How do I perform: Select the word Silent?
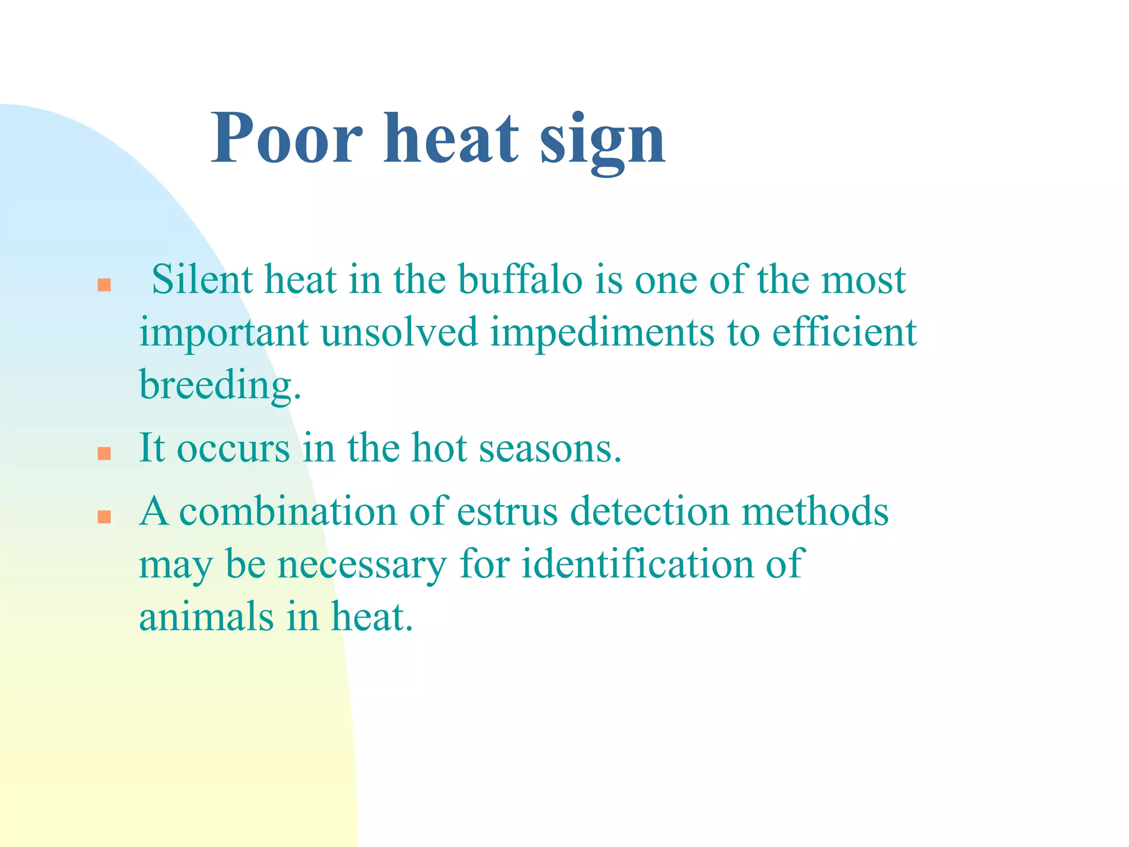click(202, 280)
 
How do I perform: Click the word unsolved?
click(399, 332)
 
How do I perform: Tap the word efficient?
click(844, 332)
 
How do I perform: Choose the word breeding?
click(219, 385)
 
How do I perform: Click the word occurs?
click(233, 448)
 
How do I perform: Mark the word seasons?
click(550, 448)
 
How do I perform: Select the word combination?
click(288, 511)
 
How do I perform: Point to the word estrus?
click(507, 511)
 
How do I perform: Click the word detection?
click(649, 511)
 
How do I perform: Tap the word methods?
click(815, 511)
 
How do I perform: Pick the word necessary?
click(361, 565)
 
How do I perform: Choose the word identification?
click(637, 564)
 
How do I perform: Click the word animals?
click(206, 616)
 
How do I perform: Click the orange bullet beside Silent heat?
click(104, 285)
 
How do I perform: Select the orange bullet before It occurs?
click(104, 453)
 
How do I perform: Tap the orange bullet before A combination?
click(104, 517)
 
